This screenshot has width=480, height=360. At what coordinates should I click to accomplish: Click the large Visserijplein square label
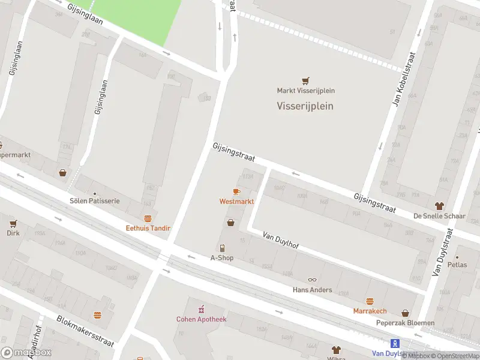click(305, 106)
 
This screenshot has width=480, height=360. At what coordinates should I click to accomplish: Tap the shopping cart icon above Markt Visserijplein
click(306, 81)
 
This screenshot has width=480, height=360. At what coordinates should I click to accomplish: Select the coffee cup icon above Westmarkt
click(236, 191)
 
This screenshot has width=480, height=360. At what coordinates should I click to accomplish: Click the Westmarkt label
click(236, 202)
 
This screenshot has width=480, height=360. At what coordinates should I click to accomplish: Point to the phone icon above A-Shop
click(222, 248)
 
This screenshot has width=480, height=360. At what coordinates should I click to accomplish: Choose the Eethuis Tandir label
click(148, 228)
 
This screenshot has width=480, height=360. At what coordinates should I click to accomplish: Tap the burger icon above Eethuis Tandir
click(148, 218)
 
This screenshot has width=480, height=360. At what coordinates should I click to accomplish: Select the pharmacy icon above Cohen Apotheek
click(202, 310)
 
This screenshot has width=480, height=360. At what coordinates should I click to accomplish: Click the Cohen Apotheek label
click(202, 319)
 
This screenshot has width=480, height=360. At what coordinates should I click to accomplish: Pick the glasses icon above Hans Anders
click(312, 280)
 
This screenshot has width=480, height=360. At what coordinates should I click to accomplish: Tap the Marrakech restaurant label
click(370, 311)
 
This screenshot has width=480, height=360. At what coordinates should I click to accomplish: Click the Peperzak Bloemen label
click(406, 323)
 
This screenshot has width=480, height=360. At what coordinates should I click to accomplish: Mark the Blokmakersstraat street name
click(85, 331)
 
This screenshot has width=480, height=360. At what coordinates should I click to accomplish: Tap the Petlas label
click(457, 264)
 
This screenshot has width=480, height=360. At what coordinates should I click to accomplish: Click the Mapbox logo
click(26, 353)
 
